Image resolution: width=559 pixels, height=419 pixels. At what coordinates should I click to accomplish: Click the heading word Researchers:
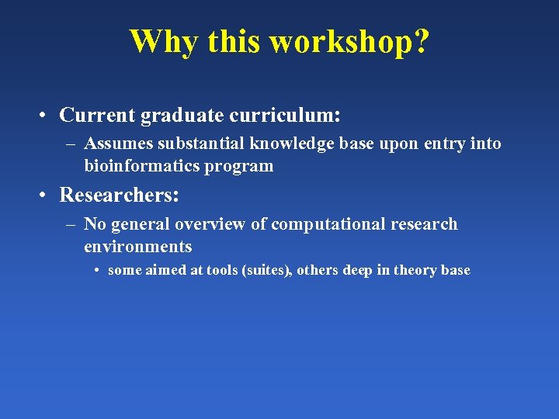click(120, 195)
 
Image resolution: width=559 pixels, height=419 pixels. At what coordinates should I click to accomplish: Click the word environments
click(138, 247)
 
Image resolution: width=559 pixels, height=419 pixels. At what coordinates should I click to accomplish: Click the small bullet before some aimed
click(97, 271)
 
